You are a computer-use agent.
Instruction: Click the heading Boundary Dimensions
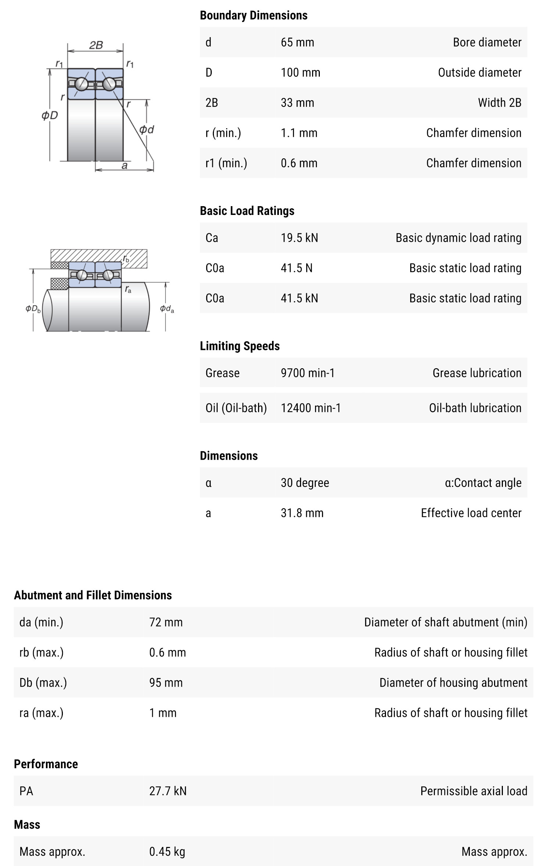[253, 15]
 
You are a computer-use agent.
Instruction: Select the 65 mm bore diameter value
[297, 42]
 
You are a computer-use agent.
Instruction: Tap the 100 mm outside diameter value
[300, 72]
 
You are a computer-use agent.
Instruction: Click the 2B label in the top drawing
[96, 45]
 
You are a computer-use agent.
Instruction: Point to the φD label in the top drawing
[50, 115]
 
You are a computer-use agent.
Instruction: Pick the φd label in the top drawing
[146, 129]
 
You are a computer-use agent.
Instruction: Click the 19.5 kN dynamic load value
[299, 238]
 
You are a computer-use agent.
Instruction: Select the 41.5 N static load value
[296, 268]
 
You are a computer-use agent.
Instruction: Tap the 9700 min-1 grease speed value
[307, 373]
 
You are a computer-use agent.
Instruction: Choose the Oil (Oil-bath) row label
[236, 408]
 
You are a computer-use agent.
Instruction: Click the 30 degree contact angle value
[305, 482]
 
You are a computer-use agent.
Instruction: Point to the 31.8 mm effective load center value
[302, 513]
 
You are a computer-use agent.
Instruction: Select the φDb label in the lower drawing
[33, 309]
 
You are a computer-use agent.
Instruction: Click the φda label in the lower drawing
[167, 309]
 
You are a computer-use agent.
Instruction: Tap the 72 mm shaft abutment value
[166, 622]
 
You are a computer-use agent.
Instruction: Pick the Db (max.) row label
[43, 682]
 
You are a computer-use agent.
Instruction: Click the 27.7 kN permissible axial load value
[168, 791]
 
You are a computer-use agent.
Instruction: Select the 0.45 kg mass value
[167, 851]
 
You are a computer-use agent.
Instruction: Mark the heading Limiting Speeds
[240, 346]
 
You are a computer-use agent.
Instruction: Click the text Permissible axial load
[473, 791]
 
